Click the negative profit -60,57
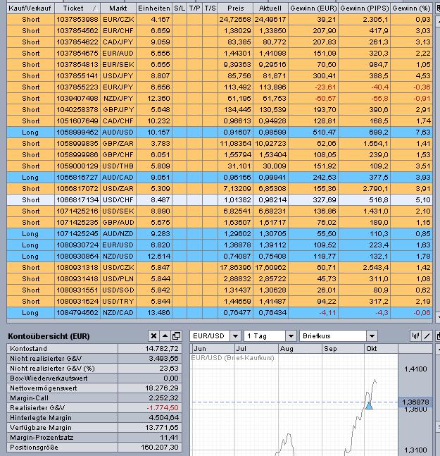tap(313, 98)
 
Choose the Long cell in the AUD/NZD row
tap(30, 233)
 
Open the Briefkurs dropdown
tap(337, 336)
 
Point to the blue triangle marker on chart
tap(369, 405)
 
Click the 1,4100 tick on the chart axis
tap(415, 369)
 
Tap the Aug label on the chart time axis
tap(287, 349)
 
